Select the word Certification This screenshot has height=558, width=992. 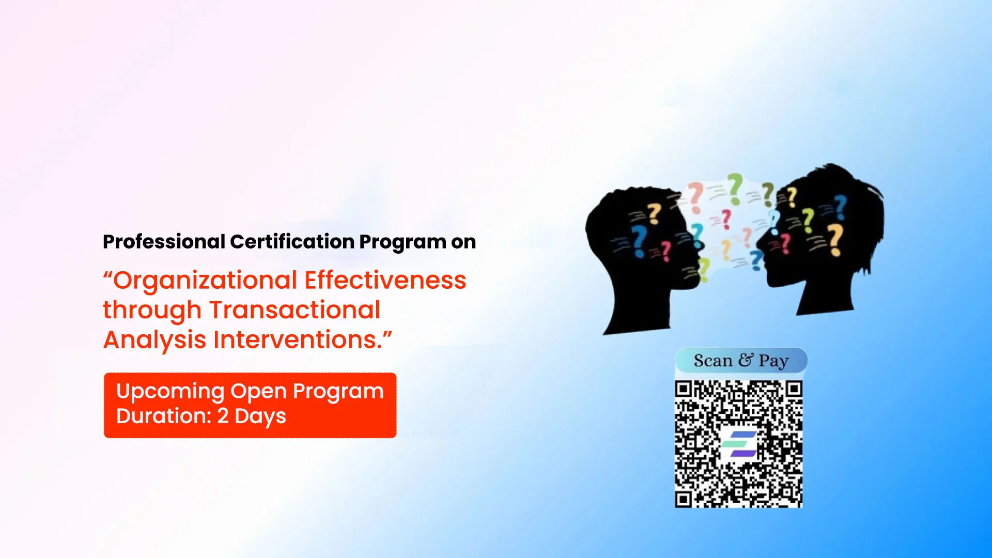pyautogui.click(x=292, y=242)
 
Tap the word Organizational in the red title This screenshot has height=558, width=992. pyautogui.click(x=205, y=281)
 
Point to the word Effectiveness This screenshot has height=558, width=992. pyautogui.click(x=385, y=281)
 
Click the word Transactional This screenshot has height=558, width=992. pyautogui.click(x=295, y=310)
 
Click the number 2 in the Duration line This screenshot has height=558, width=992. pyautogui.click(x=223, y=416)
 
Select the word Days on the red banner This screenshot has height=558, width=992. pyautogui.click(x=260, y=416)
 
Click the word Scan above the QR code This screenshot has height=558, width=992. pyautogui.click(x=713, y=361)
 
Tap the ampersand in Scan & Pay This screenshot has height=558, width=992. pyautogui.click(x=746, y=360)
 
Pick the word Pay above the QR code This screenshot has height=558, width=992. pyautogui.click(x=773, y=361)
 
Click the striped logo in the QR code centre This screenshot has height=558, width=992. pyautogui.click(x=739, y=444)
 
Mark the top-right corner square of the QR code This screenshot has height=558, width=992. pyautogui.click(x=794, y=389)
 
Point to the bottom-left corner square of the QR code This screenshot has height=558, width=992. pyautogui.click(x=683, y=499)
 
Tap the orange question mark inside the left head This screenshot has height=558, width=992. pyautogui.click(x=654, y=213)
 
